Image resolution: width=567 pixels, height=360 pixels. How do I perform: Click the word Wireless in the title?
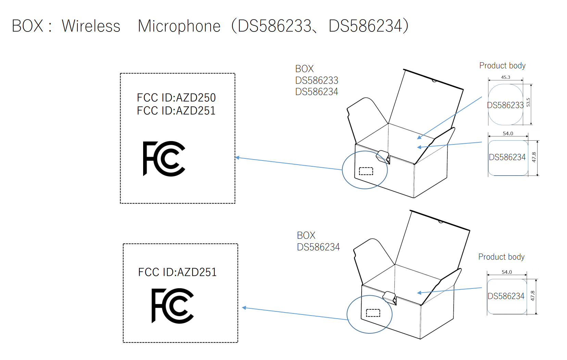tap(91, 26)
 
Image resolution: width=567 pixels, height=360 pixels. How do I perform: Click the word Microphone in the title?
tap(179, 26)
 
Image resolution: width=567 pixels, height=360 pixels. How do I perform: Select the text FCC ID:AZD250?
tap(176, 98)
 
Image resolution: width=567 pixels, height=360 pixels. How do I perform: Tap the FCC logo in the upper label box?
tap(164, 158)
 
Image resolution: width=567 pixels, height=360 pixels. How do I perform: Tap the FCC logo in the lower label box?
tap(173, 306)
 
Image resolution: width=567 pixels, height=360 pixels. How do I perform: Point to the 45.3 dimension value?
tap(505, 77)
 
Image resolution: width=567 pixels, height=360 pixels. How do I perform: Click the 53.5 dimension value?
tap(528, 102)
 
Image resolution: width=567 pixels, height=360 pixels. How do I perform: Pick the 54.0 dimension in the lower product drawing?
tap(507, 272)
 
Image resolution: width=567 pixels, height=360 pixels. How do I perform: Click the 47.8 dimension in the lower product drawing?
tap(532, 296)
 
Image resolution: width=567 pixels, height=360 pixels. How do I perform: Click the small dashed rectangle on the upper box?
tap(366, 171)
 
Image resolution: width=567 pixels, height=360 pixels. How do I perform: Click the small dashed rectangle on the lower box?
tap(373, 313)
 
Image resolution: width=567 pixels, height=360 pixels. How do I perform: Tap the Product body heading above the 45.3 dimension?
tap(502, 66)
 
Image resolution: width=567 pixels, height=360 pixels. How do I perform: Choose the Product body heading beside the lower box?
tap(501, 257)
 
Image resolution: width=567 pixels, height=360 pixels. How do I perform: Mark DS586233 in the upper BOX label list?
tap(317, 80)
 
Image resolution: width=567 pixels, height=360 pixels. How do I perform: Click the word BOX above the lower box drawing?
tap(306, 235)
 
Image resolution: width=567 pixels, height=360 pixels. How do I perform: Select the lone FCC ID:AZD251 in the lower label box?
tap(177, 272)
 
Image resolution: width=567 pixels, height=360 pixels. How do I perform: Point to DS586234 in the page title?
tap(368, 26)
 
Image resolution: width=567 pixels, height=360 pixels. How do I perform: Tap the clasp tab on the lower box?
tap(390, 297)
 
